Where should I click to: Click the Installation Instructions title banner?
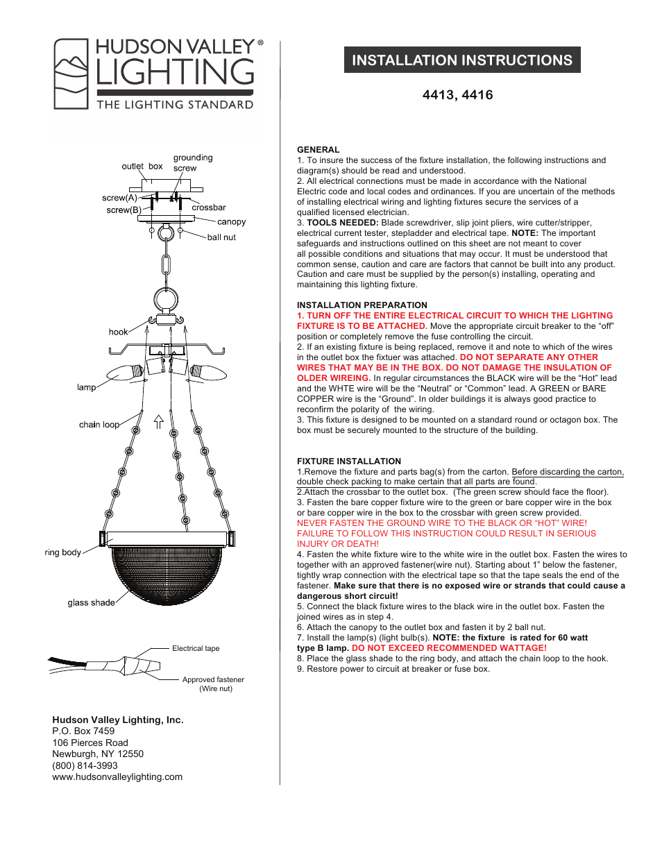(x=462, y=60)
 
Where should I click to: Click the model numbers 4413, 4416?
(x=457, y=95)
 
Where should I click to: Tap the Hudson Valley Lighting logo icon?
(x=71, y=74)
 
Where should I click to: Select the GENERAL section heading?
(x=318, y=150)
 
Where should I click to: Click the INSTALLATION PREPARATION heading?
(x=362, y=305)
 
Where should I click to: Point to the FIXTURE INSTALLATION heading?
(x=348, y=461)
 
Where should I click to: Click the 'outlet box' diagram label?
(x=142, y=167)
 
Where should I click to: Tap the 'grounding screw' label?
(x=192, y=162)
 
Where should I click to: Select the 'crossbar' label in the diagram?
(x=208, y=207)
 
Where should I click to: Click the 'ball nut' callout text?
(x=221, y=237)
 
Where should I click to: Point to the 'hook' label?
(x=118, y=332)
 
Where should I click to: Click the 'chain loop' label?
(x=99, y=425)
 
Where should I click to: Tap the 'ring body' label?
(x=62, y=553)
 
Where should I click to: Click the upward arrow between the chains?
(x=158, y=421)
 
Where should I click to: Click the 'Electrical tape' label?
(x=195, y=649)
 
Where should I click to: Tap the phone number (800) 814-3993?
(x=85, y=765)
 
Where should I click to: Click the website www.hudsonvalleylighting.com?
(x=117, y=777)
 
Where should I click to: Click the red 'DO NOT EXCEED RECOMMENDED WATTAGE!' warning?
(x=449, y=648)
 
